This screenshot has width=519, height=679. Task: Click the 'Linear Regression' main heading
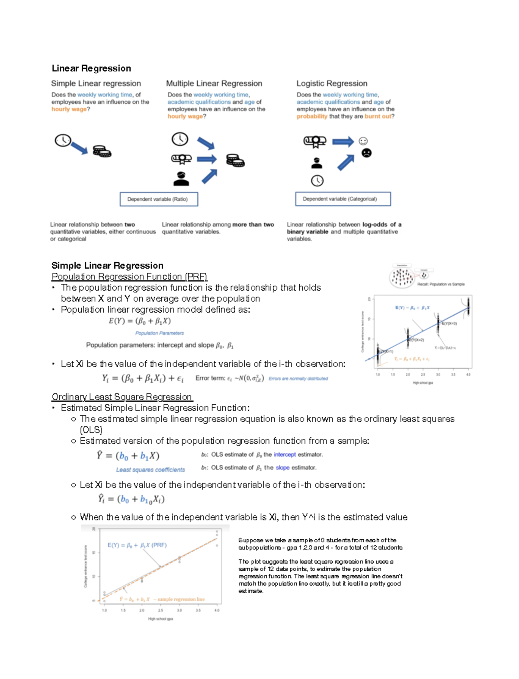click(91, 68)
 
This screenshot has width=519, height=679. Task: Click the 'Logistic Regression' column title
click(332, 83)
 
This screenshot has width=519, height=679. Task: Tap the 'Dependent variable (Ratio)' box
click(159, 199)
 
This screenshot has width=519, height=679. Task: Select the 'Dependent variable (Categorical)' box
click(343, 199)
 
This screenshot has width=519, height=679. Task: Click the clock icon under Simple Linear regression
click(63, 140)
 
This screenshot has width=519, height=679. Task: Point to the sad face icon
click(366, 153)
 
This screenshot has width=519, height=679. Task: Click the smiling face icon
click(363, 141)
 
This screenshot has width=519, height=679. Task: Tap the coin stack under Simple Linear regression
click(102, 151)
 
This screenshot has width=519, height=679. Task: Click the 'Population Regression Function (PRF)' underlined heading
click(129, 276)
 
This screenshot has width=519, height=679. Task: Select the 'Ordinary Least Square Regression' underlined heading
click(122, 397)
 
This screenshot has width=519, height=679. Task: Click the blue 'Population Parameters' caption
click(159, 333)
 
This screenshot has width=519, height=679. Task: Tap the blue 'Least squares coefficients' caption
click(150, 470)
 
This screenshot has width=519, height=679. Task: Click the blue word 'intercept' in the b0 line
click(285, 455)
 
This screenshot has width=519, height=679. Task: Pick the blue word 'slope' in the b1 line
click(282, 468)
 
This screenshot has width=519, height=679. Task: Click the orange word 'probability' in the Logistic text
click(312, 116)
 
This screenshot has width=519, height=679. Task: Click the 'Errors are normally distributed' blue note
click(298, 378)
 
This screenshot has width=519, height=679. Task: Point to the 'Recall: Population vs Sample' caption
click(441, 284)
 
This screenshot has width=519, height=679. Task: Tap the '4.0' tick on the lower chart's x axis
click(217, 610)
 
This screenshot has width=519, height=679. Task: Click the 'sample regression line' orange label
click(181, 599)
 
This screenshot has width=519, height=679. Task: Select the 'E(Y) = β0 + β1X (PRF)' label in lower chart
click(137, 545)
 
